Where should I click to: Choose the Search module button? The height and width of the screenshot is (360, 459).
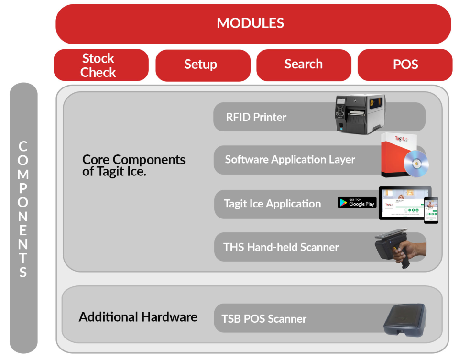click(x=304, y=64)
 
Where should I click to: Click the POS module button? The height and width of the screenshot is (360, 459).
click(x=404, y=65)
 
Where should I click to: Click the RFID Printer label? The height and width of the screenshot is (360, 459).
click(x=256, y=117)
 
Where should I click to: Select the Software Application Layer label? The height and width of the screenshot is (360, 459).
click(x=290, y=160)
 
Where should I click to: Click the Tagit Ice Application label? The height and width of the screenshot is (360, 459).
click(x=273, y=204)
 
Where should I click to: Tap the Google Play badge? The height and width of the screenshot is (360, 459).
click(x=357, y=202)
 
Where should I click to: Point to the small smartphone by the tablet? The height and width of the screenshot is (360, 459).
click(x=431, y=210)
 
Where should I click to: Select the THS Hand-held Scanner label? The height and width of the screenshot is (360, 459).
click(x=281, y=247)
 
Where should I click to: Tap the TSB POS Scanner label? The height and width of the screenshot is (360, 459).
click(x=264, y=319)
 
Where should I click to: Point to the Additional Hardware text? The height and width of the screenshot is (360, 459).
click(x=138, y=316)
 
